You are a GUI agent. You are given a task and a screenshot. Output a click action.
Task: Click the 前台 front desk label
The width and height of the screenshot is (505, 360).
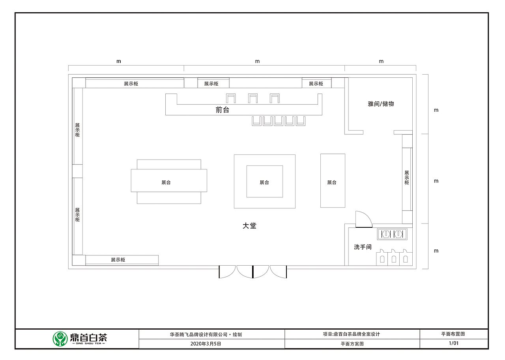[x=222, y=110]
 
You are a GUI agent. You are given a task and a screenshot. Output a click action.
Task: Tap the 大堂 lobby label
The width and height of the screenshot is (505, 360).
[x=249, y=226]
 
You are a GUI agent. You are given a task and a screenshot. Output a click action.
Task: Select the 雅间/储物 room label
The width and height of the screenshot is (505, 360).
[x=381, y=104]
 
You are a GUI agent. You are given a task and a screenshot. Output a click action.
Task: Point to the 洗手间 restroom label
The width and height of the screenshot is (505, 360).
[x=363, y=247]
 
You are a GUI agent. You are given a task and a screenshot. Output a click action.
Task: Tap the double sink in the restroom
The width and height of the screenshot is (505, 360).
[x=393, y=234]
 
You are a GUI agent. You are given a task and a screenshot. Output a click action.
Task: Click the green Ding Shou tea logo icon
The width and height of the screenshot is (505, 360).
[x=60, y=339]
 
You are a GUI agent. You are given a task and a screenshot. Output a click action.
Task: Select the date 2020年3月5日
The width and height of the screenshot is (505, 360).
[x=206, y=344]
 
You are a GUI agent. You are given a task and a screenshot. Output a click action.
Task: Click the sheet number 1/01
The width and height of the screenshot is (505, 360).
[x=453, y=343]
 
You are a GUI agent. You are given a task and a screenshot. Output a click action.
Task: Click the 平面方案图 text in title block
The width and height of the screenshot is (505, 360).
[x=352, y=344]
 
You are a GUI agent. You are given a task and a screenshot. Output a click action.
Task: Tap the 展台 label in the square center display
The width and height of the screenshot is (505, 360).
[x=264, y=182]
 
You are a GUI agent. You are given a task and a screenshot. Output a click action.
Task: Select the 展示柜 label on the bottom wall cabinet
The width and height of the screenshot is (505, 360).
[x=118, y=260]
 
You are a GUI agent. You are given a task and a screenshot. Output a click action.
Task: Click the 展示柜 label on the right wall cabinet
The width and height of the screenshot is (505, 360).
[x=406, y=178]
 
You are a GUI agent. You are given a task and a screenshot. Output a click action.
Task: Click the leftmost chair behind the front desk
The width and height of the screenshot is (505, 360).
[x=230, y=98]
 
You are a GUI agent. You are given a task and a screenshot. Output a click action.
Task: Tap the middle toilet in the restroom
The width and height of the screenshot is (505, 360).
[x=393, y=258]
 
